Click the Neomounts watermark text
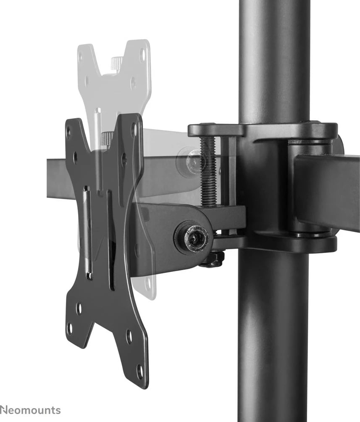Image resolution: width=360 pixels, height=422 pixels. [30, 410]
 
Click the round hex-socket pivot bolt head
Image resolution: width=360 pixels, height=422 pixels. [193, 238]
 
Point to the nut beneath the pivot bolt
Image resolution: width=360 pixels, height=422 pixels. [213, 260]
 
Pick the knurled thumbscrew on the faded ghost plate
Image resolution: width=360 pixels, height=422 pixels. [117, 63]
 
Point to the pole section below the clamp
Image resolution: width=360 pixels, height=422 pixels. [273, 336]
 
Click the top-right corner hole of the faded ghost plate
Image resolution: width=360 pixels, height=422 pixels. [142, 54]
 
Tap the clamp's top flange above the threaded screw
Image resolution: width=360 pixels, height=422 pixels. [215, 129]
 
